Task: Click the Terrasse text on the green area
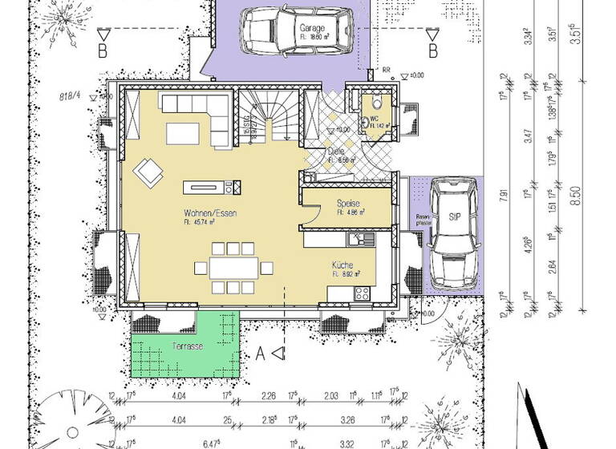pos(187,346)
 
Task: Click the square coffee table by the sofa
pos(185,134)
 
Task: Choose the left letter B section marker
pos(103,52)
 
